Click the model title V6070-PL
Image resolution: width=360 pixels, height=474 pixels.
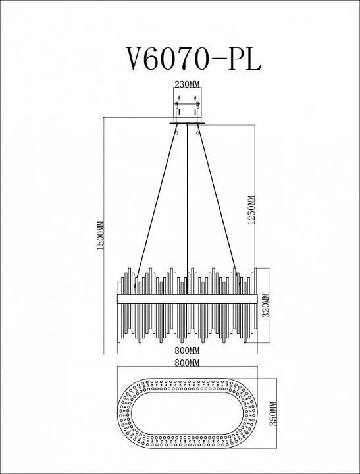click(193, 59)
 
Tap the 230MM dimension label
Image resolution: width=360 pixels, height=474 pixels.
click(188, 84)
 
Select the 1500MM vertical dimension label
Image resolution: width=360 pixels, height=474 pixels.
click(100, 235)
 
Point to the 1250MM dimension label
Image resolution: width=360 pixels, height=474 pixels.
click(251, 209)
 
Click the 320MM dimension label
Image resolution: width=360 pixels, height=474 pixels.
click(266, 305)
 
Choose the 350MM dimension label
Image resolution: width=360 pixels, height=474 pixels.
click(273, 413)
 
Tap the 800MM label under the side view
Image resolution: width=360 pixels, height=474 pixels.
click(188, 350)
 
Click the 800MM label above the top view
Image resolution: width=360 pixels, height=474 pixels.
click(188, 363)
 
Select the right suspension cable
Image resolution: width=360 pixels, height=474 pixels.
click(219, 205)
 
